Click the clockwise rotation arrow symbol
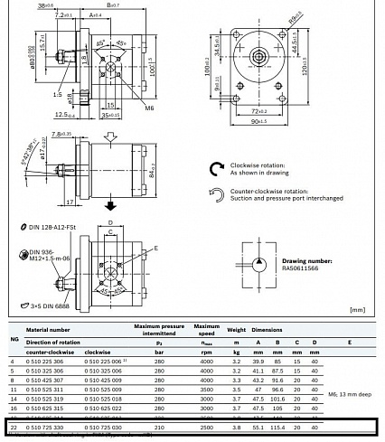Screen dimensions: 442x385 click(x=215, y=167)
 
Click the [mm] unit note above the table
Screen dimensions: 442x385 click(x=359, y=309)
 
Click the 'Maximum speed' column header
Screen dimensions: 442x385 click(x=206, y=329)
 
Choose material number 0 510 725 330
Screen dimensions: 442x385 click(x=44, y=426)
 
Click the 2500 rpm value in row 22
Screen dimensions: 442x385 click(x=206, y=426)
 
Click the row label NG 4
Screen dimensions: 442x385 click(x=12, y=362)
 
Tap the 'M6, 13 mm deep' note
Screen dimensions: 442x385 click(x=349, y=393)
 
